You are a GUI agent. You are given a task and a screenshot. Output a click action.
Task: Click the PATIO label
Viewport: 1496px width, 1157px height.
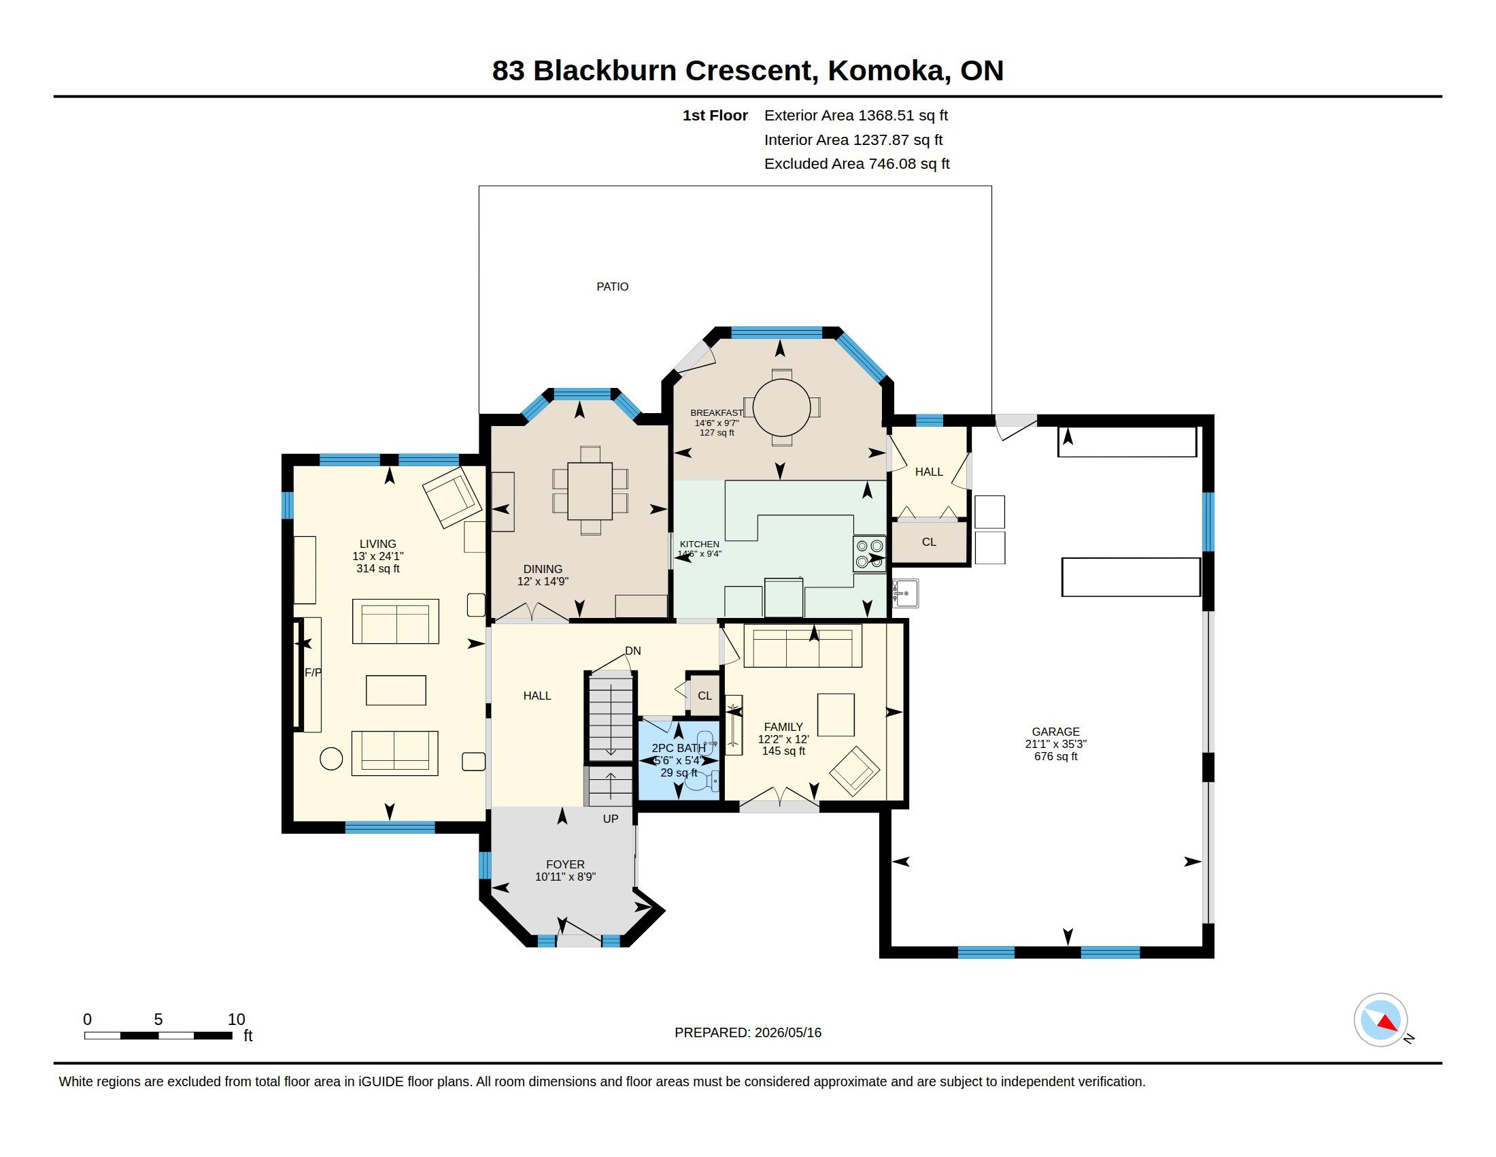(x=613, y=287)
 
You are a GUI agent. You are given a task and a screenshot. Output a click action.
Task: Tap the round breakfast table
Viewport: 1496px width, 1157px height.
(x=781, y=407)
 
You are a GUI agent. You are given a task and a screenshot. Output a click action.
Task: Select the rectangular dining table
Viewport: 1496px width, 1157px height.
(x=590, y=491)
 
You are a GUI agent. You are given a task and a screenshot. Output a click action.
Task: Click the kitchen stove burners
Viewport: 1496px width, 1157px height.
(x=869, y=554)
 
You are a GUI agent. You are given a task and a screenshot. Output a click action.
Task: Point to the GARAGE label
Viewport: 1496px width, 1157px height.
(x=1055, y=732)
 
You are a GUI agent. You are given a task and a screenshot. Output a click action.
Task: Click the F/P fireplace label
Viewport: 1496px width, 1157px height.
(x=313, y=672)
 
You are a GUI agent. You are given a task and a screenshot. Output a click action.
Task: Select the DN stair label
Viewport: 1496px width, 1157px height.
(x=633, y=651)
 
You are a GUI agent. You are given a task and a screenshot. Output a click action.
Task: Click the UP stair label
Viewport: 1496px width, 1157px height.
(x=611, y=818)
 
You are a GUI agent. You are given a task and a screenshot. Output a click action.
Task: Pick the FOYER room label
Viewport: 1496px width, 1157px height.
(x=565, y=864)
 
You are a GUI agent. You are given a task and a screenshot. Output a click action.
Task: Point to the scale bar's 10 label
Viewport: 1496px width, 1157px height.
(x=237, y=1020)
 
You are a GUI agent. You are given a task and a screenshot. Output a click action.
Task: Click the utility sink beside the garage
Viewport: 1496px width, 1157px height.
(x=906, y=593)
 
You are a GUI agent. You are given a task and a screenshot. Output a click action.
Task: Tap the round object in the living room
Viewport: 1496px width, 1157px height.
(x=332, y=759)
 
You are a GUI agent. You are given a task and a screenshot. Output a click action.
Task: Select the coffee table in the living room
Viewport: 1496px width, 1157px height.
(x=396, y=690)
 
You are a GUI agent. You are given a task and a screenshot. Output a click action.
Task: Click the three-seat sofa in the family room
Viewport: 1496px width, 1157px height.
(x=803, y=646)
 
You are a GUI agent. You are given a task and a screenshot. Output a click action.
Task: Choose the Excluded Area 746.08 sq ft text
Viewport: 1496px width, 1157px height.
(x=857, y=164)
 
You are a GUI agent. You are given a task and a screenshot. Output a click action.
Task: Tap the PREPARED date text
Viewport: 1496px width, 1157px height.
(x=748, y=1032)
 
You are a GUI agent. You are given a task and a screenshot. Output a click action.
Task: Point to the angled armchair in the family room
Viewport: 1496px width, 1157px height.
(x=854, y=771)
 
